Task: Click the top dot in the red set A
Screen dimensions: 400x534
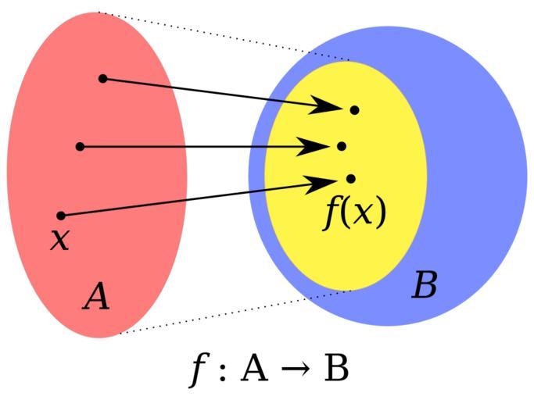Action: click(102, 78)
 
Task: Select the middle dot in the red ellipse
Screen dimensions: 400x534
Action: click(80, 146)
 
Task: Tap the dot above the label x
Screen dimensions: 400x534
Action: click(61, 215)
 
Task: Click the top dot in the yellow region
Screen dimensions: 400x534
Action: click(354, 110)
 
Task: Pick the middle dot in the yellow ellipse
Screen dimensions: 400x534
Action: click(341, 146)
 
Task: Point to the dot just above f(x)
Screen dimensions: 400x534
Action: click(350, 179)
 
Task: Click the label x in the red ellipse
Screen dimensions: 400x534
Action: click(59, 239)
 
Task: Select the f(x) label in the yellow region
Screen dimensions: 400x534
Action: click(356, 212)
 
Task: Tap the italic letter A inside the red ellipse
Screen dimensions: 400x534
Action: click(96, 297)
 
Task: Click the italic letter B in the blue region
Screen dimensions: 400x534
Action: click(424, 287)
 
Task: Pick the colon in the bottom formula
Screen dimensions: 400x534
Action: click(223, 370)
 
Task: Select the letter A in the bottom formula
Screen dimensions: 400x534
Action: click(255, 368)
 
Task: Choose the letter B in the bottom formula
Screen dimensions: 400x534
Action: click(336, 368)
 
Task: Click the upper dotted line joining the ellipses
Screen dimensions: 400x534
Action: click(227, 35)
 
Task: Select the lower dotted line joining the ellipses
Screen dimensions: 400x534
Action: click(235, 312)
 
